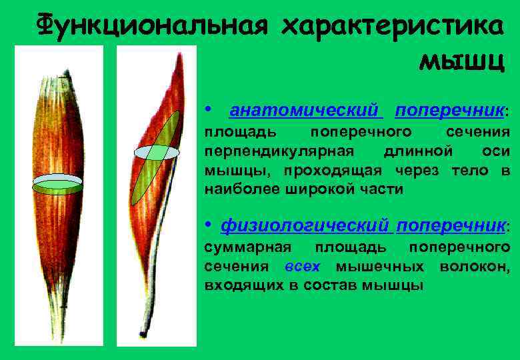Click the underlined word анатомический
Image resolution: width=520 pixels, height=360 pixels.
[x=305, y=109]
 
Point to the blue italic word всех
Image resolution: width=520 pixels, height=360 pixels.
[x=302, y=267]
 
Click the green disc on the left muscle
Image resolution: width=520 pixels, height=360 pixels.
[x=57, y=184]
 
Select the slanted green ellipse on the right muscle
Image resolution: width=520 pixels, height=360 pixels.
[x=155, y=157]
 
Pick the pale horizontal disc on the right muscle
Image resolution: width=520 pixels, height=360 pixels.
[x=157, y=152]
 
